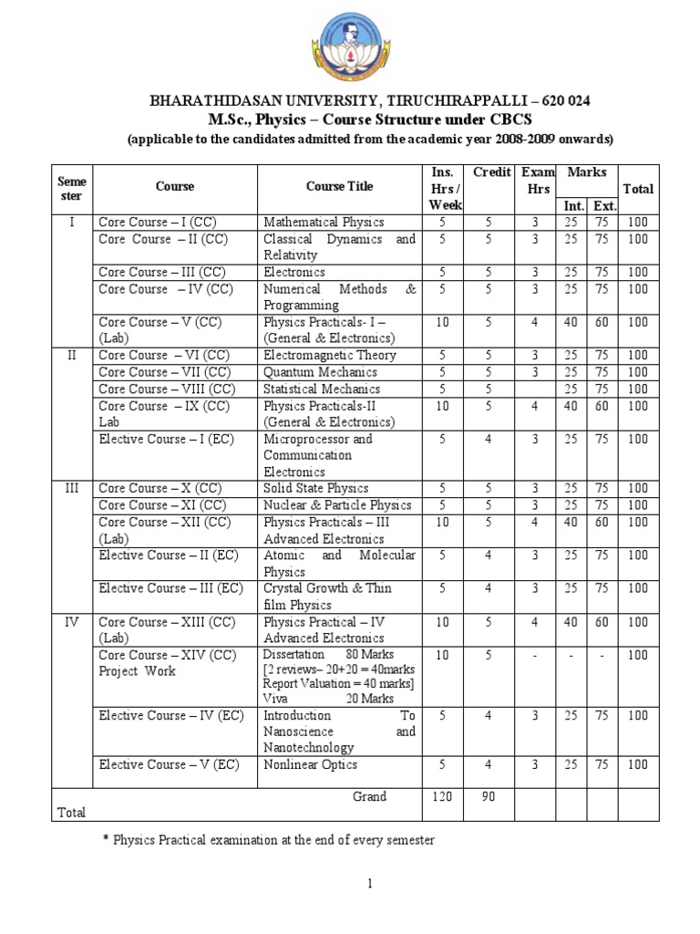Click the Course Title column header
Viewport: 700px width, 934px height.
click(338, 186)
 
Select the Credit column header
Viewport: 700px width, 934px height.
click(491, 172)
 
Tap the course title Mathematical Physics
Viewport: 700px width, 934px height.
click(324, 222)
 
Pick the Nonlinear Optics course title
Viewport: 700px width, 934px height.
click(310, 764)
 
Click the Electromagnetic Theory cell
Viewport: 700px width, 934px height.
click(329, 356)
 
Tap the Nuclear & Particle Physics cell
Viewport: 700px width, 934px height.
click(337, 505)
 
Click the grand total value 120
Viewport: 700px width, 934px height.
click(441, 797)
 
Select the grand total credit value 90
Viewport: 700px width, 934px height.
click(489, 797)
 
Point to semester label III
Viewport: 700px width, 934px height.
click(73, 489)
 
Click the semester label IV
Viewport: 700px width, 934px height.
click(73, 622)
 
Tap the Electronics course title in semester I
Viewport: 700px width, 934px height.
click(293, 272)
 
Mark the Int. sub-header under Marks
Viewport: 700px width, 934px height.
click(573, 205)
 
